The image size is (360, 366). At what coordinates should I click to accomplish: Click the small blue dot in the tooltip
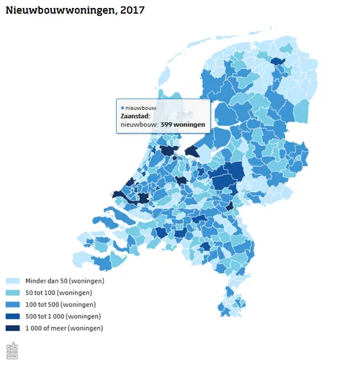(122, 107)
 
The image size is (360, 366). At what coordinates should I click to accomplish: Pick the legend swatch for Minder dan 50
(13, 281)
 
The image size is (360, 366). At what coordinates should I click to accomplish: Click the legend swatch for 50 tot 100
(13, 293)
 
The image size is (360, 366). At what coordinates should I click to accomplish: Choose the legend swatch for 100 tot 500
(13, 304)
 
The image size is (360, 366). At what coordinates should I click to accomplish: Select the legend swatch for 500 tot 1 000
(13, 316)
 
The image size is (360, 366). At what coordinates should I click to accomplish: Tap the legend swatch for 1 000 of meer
(13, 328)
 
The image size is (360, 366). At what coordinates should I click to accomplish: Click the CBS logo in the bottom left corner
(12, 350)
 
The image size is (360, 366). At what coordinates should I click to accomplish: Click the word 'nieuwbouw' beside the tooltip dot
(140, 107)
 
